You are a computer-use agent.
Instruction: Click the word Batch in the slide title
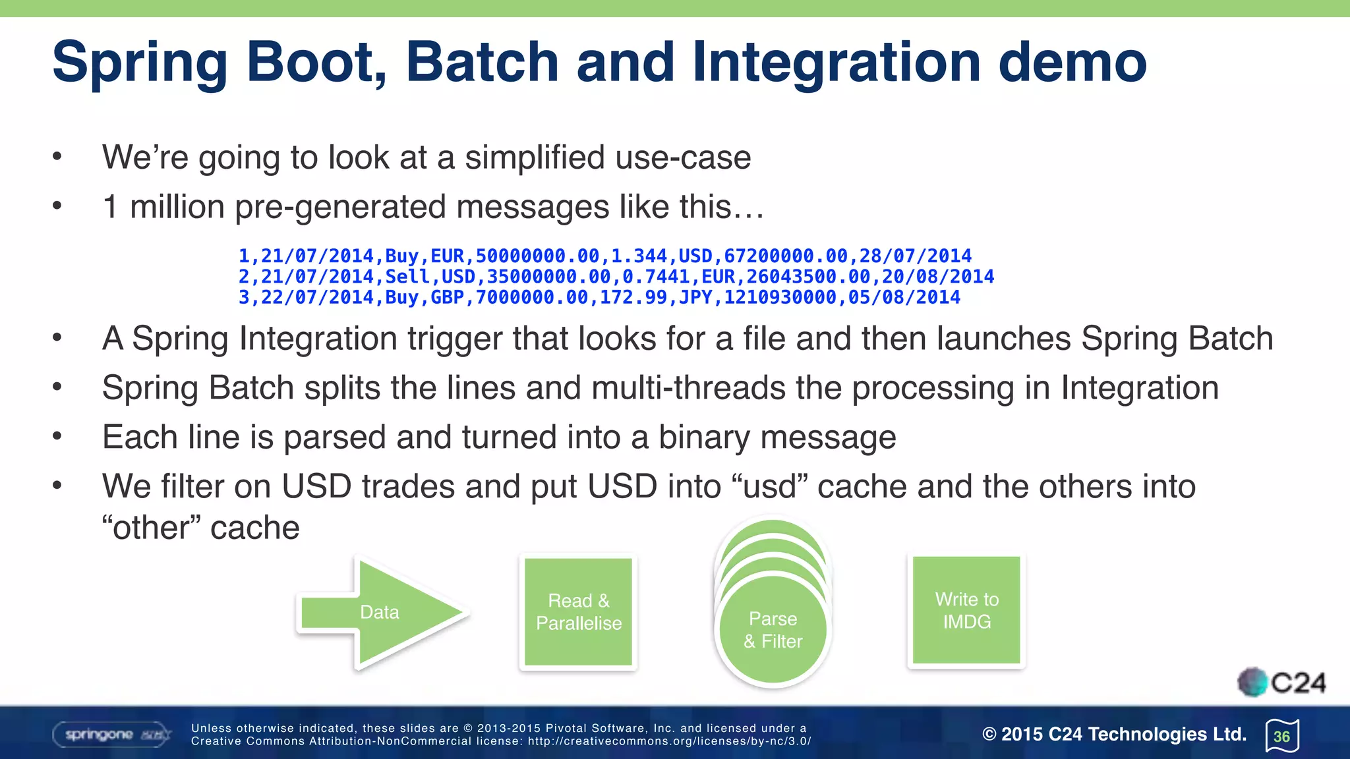click(x=482, y=62)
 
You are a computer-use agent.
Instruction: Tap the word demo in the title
click(x=1072, y=62)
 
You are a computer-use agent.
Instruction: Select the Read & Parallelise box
click(x=579, y=612)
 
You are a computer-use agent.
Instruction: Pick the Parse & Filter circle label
click(x=773, y=630)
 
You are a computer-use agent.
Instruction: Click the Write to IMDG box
click(x=966, y=610)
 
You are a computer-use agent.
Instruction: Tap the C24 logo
click(x=1282, y=683)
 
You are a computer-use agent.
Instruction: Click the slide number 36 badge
click(x=1281, y=736)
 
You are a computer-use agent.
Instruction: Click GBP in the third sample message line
click(x=447, y=298)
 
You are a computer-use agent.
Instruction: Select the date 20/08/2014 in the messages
click(x=938, y=277)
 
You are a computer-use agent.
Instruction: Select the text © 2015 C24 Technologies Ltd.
click(x=1114, y=734)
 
